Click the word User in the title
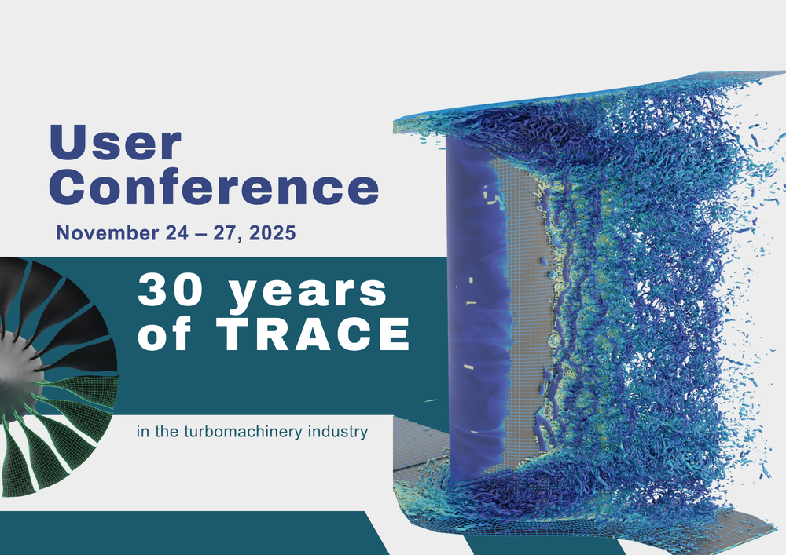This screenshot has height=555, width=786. [x=115, y=143]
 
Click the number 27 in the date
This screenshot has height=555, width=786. [x=225, y=233]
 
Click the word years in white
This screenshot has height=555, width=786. [x=307, y=293]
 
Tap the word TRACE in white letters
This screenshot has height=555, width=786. [x=314, y=334]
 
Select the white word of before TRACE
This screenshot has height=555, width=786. [x=164, y=334]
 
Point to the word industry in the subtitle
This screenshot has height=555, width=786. [x=338, y=432]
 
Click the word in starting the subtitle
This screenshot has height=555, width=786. [x=143, y=432]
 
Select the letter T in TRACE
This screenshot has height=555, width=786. [x=234, y=334]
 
